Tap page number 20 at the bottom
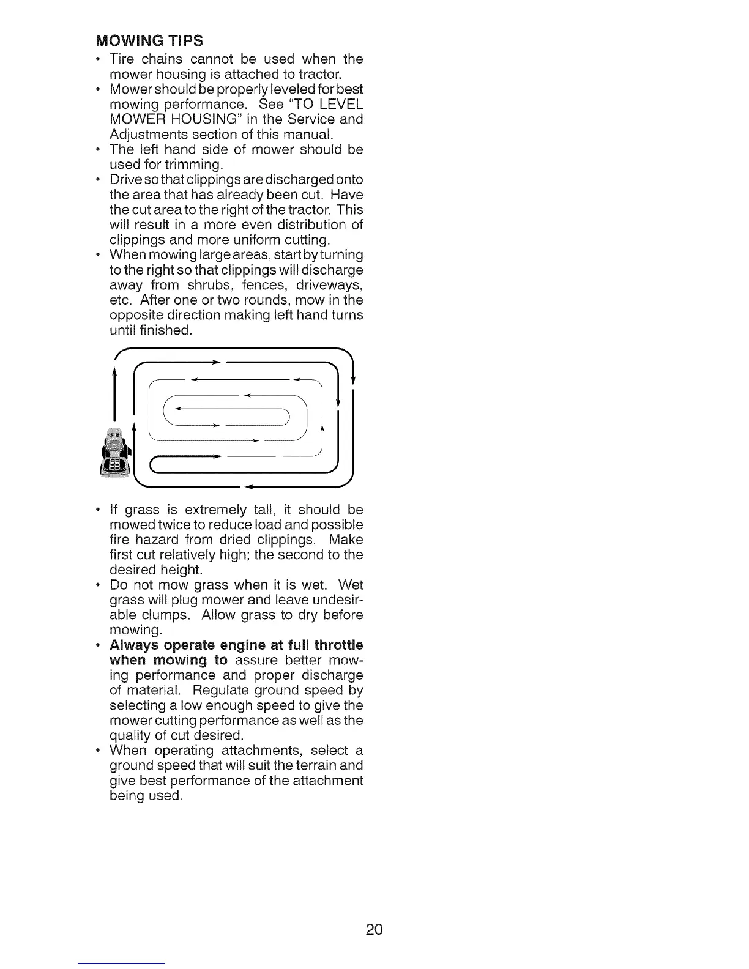pos(374,930)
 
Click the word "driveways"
pos(329,285)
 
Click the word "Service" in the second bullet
pos(297,119)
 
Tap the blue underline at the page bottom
pos(121,963)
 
